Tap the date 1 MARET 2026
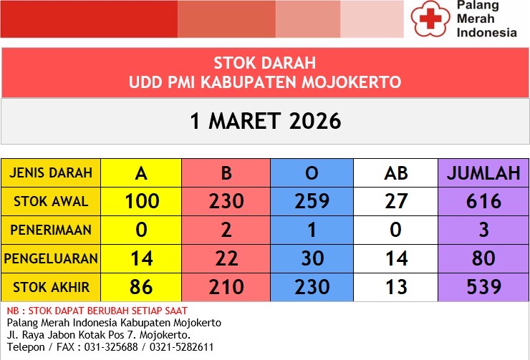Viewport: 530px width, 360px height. click(x=265, y=121)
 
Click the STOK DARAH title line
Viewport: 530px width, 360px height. click(x=265, y=63)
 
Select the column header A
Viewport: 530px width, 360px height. click(x=142, y=173)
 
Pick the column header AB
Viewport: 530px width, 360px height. click(x=395, y=173)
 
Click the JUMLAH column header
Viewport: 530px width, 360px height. click(x=483, y=173)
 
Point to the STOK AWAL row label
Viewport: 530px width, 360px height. click(x=50, y=201)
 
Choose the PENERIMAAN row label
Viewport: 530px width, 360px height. click(x=50, y=230)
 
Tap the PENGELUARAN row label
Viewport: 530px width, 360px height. click(x=50, y=258)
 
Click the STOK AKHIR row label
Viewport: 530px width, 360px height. click(x=50, y=287)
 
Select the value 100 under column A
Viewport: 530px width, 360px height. click(x=142, y=201)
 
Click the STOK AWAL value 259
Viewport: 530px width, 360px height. click(x=312, y=201)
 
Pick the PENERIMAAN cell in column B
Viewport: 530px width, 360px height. click(x=226, y=230)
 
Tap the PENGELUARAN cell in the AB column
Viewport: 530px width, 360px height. click(x=395, y=258)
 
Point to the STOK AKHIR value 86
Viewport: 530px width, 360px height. click(x=142, y=287)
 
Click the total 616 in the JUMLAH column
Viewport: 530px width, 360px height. click(x=483, y=201)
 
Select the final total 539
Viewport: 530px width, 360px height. click(x=483, y=287)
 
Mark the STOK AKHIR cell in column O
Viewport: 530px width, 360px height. click(x=312, y=287)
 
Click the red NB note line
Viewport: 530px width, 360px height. click(x=97, y=311)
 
